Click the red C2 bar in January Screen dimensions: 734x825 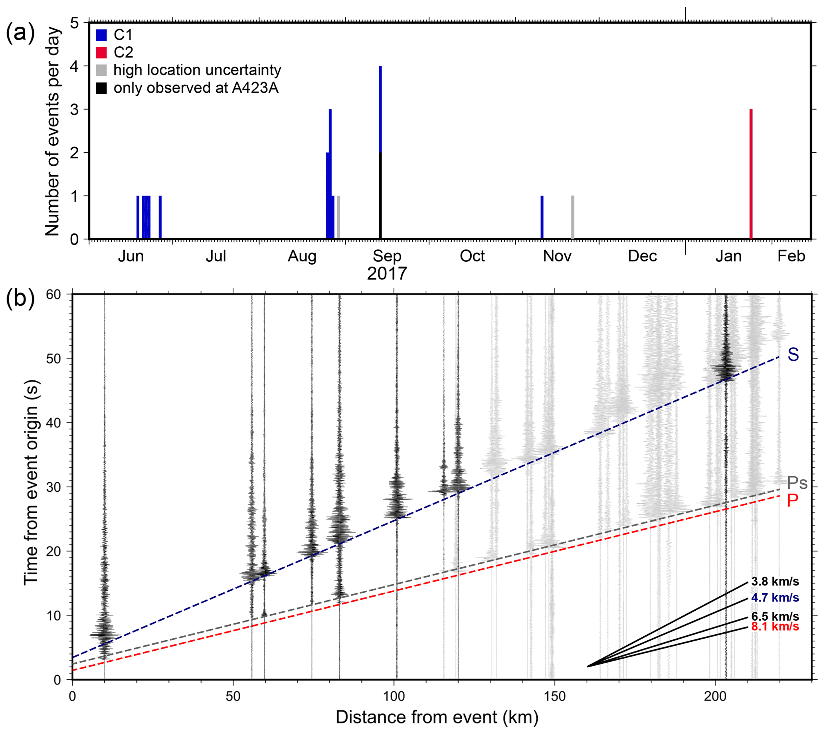(x=751, y=174)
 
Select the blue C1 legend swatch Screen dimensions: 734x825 (x=101, y=35)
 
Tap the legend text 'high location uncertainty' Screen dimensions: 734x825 (x=197, y=70)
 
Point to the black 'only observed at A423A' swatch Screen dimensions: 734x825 (x=101, y=88)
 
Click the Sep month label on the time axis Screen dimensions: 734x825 (x=387, y=256)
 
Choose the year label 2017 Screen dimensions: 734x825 (x=387, y=273)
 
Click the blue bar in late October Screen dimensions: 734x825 (x=542, y=218)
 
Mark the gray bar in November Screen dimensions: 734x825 (x=572, y=218)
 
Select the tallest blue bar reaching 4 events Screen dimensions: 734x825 (x=380, y=109)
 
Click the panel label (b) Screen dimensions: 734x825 (x=20, y=299)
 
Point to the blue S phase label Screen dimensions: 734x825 (x=793, y=354)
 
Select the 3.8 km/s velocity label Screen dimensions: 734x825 (x=775, y=582)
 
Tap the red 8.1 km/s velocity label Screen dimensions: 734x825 (x=775, y=627)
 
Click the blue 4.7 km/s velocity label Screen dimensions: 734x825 (x=775, y=597)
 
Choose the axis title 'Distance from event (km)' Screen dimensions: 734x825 (x=437, y=718)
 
